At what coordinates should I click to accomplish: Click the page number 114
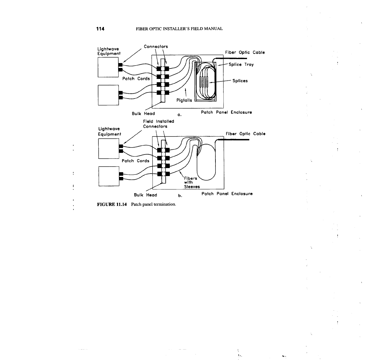point(100,29)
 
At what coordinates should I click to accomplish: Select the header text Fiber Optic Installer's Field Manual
point(179,29)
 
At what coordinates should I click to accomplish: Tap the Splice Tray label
point(241,65)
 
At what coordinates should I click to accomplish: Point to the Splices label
point(240,81)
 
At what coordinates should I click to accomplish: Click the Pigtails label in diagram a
point(184,100)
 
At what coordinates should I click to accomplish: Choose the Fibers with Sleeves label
point(192,182)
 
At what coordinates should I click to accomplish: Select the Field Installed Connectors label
point(158,124)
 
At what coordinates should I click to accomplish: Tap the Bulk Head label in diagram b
point(145,195)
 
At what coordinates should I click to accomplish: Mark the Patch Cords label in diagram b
point(135,161)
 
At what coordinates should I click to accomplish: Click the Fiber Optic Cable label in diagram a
point(245,52)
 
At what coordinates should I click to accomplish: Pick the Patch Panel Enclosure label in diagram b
point(227,193)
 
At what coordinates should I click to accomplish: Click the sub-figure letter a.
point(180,115)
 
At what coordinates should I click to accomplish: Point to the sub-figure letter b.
point(180,195)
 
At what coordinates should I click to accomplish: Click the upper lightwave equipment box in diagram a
point(108,67)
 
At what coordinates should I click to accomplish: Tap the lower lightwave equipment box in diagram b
point(109,176)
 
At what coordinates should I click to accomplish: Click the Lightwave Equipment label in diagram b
point(109,131)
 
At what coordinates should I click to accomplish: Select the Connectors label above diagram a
point(156,47)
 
